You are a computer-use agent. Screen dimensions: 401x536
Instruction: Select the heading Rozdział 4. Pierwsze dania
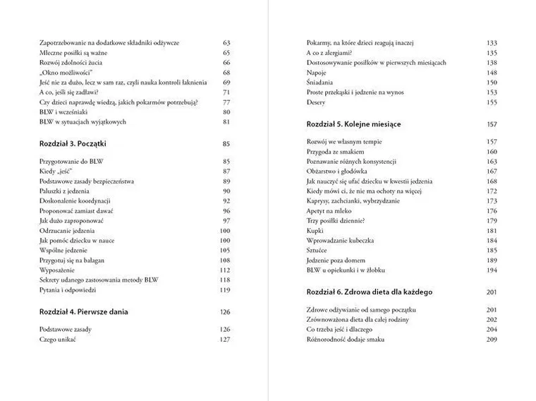[84, 311]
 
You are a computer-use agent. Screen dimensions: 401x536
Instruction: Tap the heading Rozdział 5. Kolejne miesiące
[353, 124]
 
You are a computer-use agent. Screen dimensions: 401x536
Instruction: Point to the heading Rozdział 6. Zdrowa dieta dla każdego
[370, 292]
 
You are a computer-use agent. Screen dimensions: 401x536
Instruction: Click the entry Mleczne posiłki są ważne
[73, 53]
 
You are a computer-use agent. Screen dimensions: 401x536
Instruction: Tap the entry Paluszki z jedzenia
[65, 191]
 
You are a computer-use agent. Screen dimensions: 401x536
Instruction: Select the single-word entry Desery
[317, 102]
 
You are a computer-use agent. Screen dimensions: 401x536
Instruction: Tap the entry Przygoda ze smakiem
[335, 152]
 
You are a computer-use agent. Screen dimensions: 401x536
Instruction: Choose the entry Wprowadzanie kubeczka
[340, 241]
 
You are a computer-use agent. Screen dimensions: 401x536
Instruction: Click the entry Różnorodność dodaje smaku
[346, 340]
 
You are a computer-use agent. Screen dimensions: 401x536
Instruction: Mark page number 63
[226, 43]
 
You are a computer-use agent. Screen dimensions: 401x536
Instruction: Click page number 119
[225, 289]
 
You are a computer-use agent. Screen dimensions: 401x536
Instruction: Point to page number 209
[492, 340]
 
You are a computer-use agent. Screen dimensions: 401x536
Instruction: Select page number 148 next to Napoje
[492, 73]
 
